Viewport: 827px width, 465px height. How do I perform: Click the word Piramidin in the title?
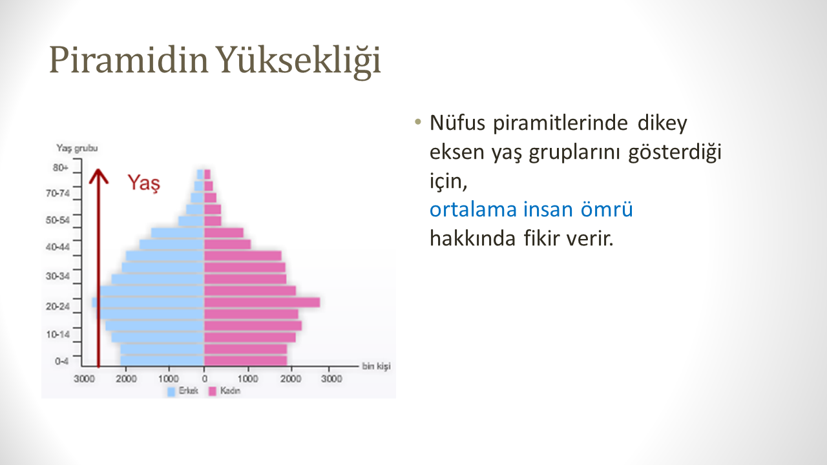129,60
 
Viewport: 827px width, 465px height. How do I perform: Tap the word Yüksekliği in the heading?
298,61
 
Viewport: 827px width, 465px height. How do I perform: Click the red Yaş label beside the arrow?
143,183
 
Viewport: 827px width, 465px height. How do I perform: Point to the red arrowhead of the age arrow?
99,176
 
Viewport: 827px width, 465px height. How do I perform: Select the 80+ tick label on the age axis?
61,168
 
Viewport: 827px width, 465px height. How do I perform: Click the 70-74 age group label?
58,193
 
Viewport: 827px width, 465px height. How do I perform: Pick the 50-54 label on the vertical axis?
58,220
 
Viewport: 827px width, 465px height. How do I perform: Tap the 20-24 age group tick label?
58,306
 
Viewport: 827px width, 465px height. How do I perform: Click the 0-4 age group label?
61,361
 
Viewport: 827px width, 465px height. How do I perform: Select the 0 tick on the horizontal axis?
205,378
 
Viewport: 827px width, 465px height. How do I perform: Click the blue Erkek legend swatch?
171,391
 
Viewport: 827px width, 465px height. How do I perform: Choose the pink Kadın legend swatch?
213,391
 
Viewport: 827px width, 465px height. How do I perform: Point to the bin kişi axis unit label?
376,366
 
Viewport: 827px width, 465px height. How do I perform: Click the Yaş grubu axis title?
77,149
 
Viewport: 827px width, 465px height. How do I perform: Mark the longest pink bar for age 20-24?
262,303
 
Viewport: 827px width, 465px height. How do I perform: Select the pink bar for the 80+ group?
207,174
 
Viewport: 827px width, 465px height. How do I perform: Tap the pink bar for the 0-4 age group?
246,360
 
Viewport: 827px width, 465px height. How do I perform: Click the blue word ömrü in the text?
607,209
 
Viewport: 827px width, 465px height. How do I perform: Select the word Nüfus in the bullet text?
457,123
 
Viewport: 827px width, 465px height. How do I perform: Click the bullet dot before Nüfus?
418,122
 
